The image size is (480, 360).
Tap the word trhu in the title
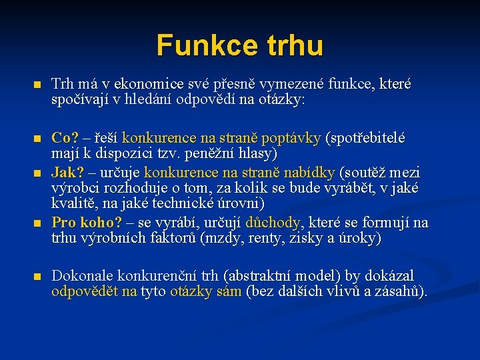coord(288,45)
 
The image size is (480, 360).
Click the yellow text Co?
coord(65,138)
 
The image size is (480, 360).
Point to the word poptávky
coord(292,138)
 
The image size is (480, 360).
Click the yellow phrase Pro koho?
coord(87,222)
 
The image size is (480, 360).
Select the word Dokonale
coord(82,275)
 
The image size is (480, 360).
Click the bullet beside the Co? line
coord(37,139)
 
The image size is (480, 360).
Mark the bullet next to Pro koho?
coord(37,223)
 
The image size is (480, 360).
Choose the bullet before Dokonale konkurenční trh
coord(37,276)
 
